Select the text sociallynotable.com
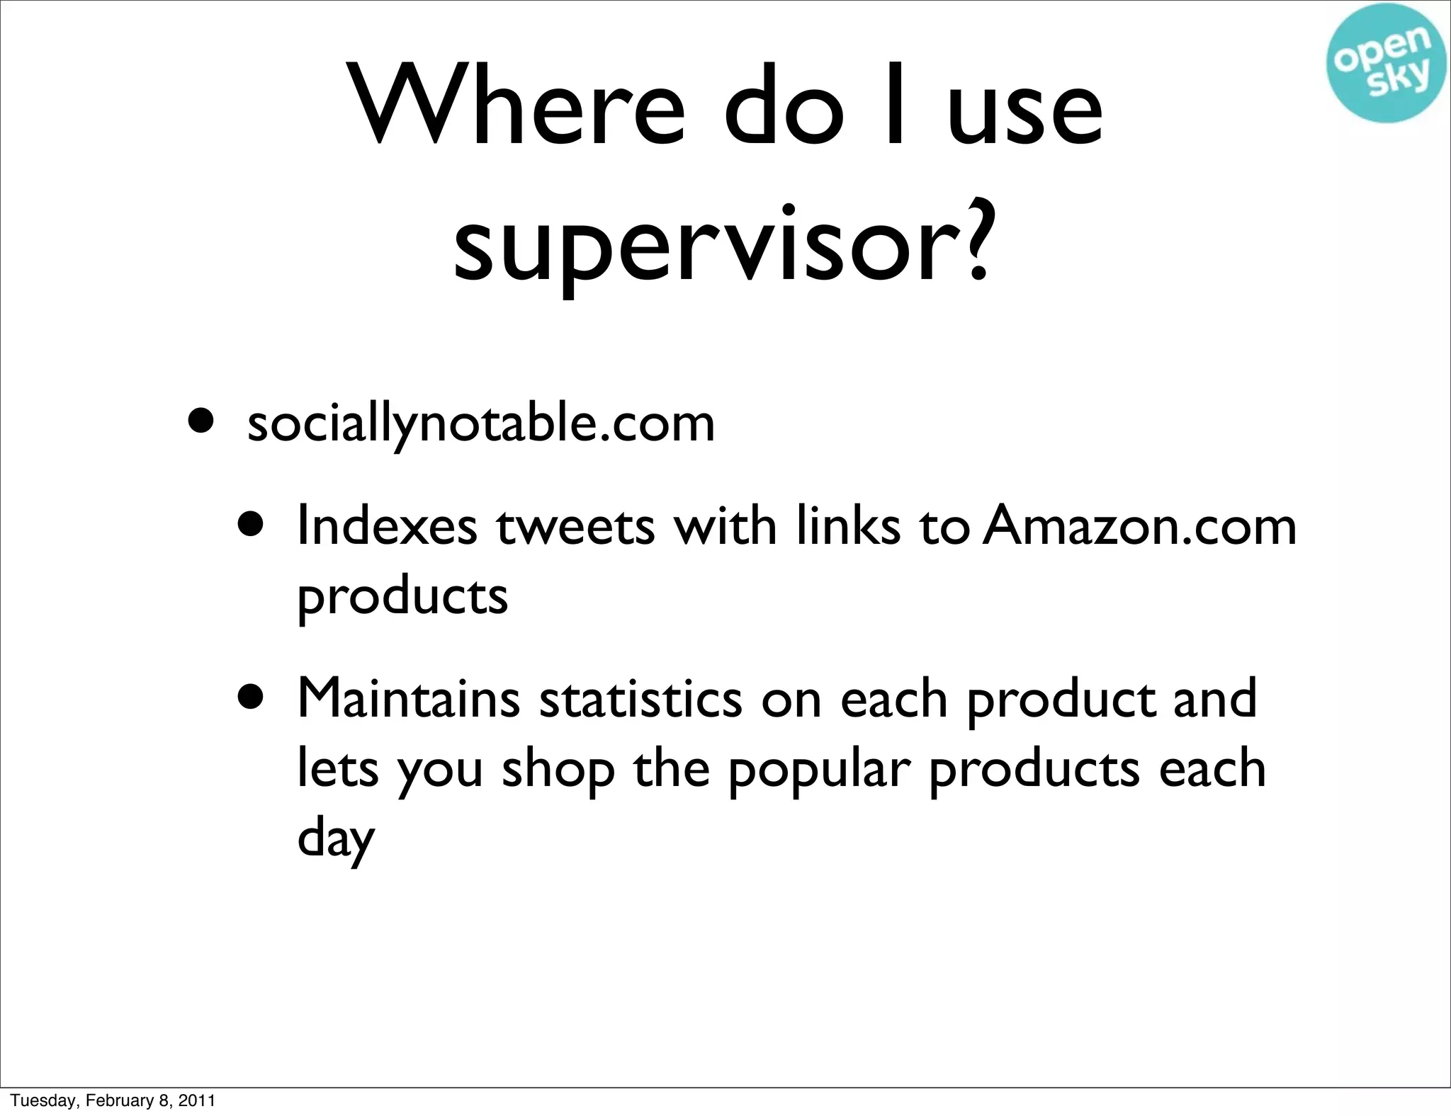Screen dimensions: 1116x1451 click(481, 424)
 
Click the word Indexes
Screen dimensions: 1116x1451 click(387, 525)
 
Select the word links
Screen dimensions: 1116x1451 click(848, 525)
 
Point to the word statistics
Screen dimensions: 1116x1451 click(640, 698)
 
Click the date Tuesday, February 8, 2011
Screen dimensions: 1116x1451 click(113, 1100)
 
